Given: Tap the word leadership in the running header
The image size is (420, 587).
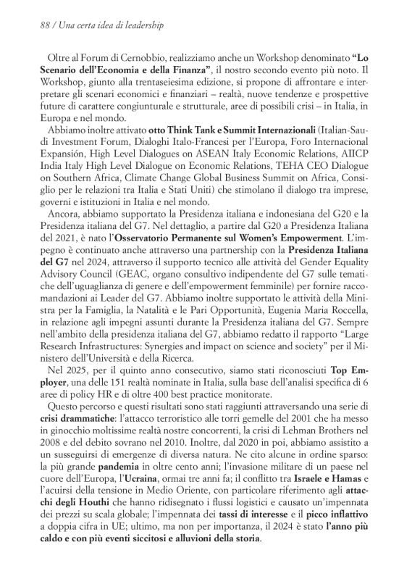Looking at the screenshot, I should pyautogui.click(x=140, y=25).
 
